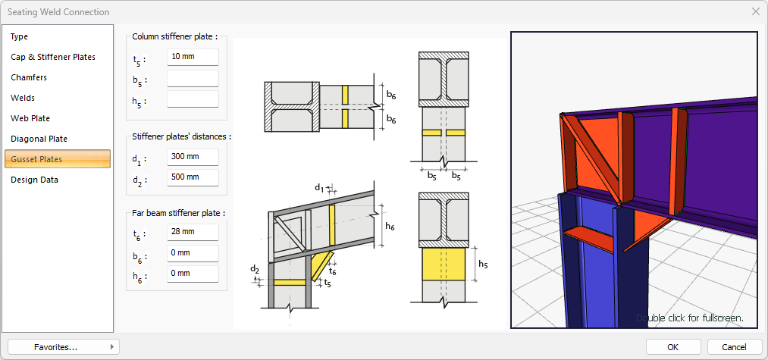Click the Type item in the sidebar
point(20,36)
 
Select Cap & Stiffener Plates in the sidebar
point(53,57)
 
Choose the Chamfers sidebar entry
point(29,77)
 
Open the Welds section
point(23,98)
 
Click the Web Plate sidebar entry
point(30,118)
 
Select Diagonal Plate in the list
point(39,139)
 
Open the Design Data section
point(34,180)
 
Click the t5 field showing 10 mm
point(193,58)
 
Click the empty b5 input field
point(193,78)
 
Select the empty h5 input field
point(193,99)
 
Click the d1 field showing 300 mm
point(193,157)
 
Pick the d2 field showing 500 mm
point(193,177)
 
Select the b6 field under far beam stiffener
point(193,253)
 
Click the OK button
point(673,346)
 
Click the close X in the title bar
point(755,11)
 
